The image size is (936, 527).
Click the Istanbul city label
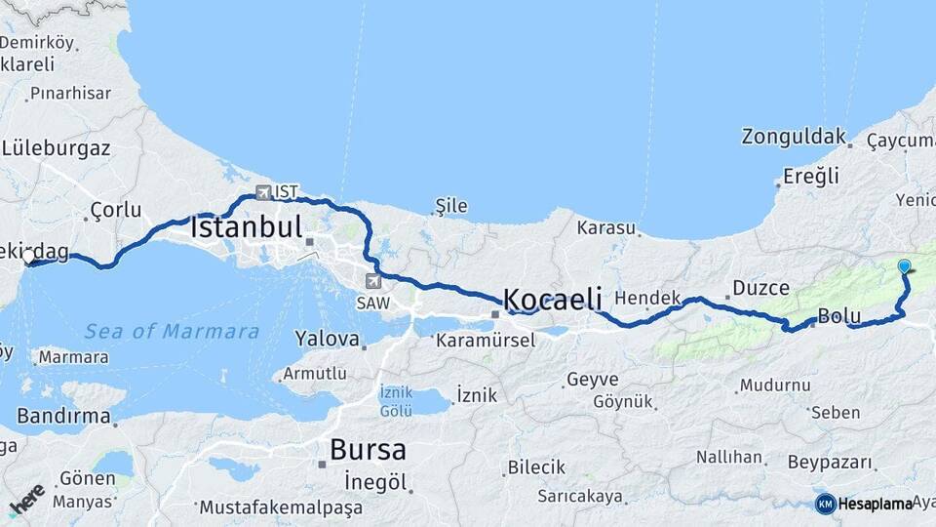pos(247,228)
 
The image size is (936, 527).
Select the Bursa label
pos(368,450)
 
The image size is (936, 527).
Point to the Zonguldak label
pos(793,137)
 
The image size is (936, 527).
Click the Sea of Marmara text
pos(172,332)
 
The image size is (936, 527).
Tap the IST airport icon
pos(263,192)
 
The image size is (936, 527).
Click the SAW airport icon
pos(372,281)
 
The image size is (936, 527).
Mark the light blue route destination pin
pos(904,266)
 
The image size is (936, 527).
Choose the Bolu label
pos(838,316)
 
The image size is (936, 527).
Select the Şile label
pos(451,206)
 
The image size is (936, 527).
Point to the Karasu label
pos(605,228)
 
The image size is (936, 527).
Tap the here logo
pos(26,501)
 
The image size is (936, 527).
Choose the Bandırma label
pos(63,417)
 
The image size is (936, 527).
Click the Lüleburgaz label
pos(56,148)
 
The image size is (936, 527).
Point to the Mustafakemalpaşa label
pos(281,507)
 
